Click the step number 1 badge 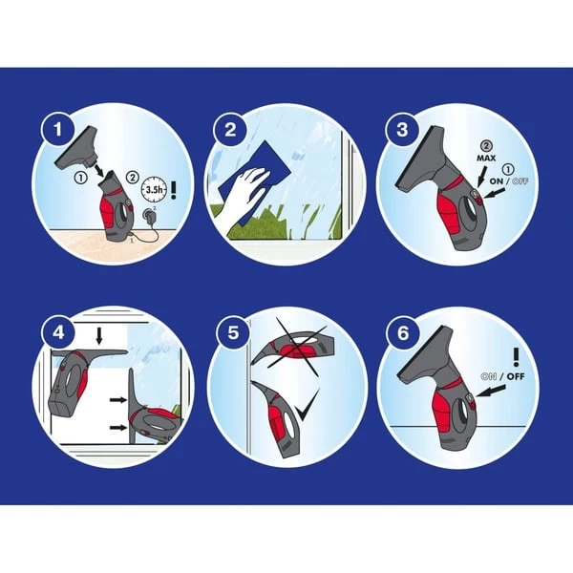coord(57,129)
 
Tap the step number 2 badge coord(230,129)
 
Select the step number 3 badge coord(403,129)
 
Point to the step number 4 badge coord(58,332)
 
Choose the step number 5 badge coord(234,332)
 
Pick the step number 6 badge coord(403,332)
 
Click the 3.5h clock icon coord(154,189)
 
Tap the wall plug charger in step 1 coord(150,216)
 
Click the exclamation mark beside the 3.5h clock coord(174,190)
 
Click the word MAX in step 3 coord(486,158)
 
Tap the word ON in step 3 coord(497,180)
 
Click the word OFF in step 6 coord(516,376)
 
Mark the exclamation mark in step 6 coord(516,357)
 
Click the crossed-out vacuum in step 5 coord(292,348)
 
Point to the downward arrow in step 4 coord(98,336)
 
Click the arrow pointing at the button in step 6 coord(491,391)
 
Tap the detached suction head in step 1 coord(77,150)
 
